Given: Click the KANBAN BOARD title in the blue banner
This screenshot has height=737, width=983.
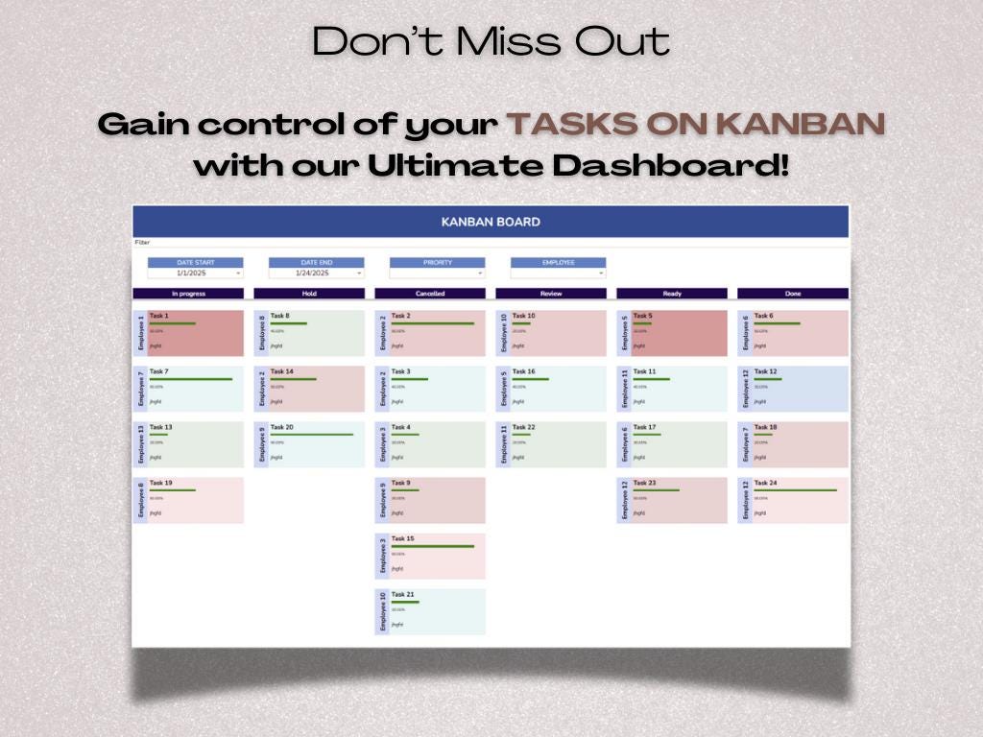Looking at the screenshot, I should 491,222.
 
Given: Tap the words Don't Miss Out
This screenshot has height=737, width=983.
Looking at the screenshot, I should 491,42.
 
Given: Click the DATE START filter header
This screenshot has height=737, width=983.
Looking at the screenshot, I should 195,262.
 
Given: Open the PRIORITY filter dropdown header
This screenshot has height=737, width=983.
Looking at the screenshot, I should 437,262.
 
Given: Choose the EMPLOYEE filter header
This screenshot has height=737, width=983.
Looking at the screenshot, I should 558,262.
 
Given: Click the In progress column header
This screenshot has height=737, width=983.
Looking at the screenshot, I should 188,294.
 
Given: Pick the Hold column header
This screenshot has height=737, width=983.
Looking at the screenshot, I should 309,294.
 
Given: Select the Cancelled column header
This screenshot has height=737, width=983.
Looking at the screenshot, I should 430,294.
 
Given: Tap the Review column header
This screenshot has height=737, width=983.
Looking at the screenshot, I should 551,294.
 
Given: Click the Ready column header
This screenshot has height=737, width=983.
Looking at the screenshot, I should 672,294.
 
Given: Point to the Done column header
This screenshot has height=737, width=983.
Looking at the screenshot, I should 793,294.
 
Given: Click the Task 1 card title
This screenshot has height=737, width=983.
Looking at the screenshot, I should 159,316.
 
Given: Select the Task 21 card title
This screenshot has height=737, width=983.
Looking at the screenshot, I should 402,594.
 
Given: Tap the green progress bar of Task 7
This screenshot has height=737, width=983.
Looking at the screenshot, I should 191,379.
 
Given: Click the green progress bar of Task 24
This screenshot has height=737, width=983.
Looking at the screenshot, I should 795,490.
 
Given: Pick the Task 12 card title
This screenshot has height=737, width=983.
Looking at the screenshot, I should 765,371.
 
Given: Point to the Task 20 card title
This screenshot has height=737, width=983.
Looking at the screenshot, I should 281,427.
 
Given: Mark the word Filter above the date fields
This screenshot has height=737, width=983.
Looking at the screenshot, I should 142,243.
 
